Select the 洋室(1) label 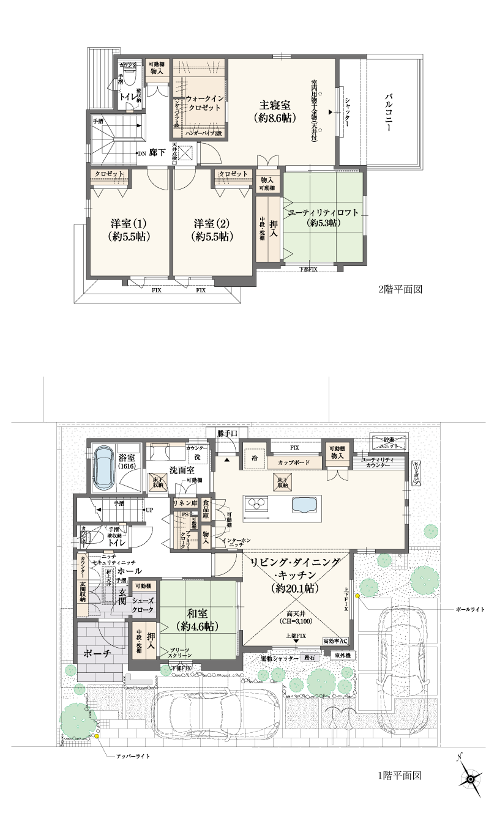(129, 229)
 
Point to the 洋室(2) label (212, 229)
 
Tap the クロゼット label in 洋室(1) (110, 174)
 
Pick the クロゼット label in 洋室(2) (233, 174)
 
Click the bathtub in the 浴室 (102, 466)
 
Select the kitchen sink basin (305, 506)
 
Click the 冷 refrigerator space (253, 458)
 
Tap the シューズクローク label (143, 606)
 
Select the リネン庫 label (184, 503)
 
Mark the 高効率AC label (335, 641)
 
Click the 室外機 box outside (343, 656)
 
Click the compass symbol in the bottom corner (469, 779)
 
